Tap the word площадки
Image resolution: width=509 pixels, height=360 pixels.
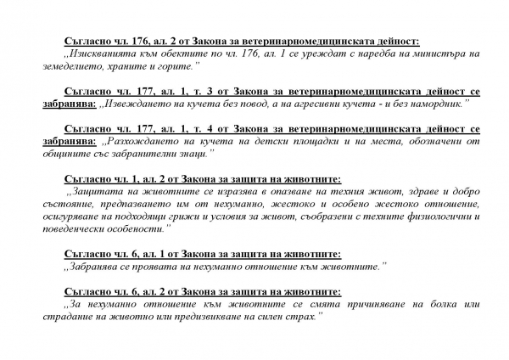[274, 140]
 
